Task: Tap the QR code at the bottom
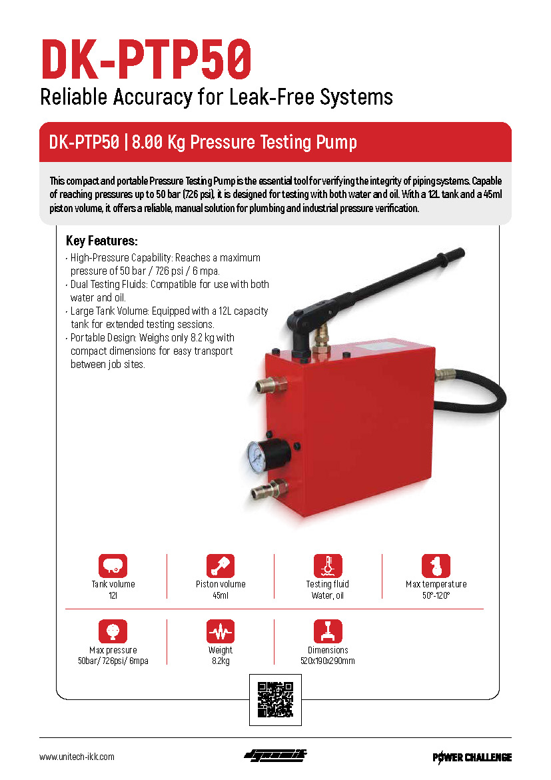pyautogui.click(x=275, y=699)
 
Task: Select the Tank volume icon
pyautogui.click(x=113, y=565)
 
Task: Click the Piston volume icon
pyautogui.click(x=221, y=565)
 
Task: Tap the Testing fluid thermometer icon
pyautogui.click(x=328, y=565)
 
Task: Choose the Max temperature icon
pyautogui.click(x=436, y=565)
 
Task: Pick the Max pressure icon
pyautogui.click(x=113, y=631)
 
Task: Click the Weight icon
pyautogui.click(x=221, y=631)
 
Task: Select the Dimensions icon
pyautogui.click(x=328, y=631)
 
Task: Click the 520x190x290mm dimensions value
pyautogui.click(x=328, y=661)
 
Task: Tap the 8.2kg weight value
pyautogui.click(x=221, y=661)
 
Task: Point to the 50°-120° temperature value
pyautogui.click(x=436, y=595)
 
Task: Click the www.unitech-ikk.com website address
pyautogui.click(x=77, y=757)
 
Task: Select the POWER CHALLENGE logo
pyautogui.click(x=472, y=757)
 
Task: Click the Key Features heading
pyautogui.click(x=101, y=241)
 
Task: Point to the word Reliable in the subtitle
pyautogui.click(x=73, y=97)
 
